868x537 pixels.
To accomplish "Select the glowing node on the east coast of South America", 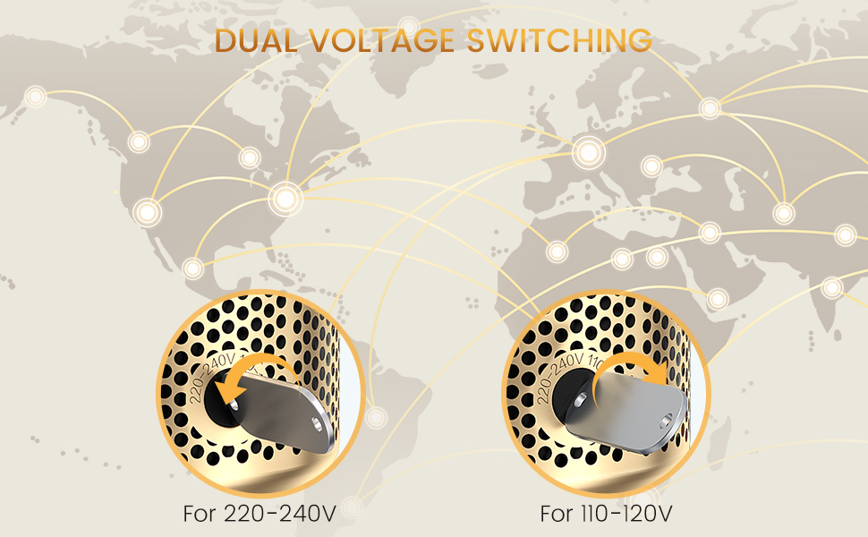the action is [376, 417].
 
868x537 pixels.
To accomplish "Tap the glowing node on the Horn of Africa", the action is [717, 297].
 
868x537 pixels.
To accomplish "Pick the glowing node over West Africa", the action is [557, 251].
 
